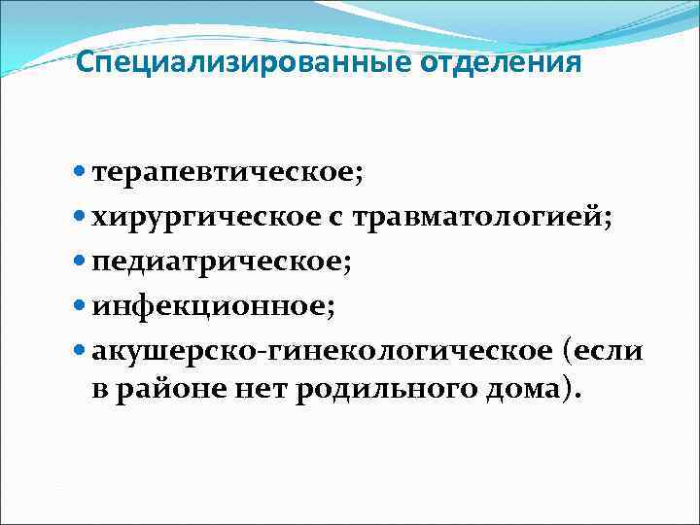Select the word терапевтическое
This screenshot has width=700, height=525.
(x=227, y=173)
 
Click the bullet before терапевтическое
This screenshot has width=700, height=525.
(x=80, y=173)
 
